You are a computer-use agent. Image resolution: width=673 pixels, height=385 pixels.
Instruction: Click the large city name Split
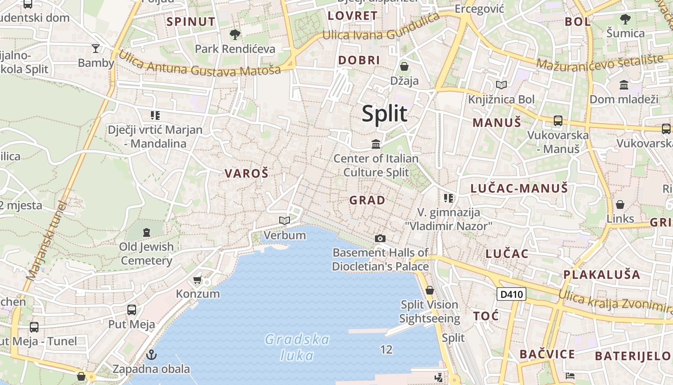385,114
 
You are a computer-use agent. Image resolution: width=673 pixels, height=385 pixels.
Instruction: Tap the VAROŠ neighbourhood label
246,174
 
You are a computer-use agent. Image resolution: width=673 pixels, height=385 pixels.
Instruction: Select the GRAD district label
367,200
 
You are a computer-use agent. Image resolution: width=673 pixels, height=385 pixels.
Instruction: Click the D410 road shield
511,294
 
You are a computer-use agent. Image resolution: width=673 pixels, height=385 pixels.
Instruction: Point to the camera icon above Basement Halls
380,238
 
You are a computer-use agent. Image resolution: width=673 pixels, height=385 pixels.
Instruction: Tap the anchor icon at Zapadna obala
151,355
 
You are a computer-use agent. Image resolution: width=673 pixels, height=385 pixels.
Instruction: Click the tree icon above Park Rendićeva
235,34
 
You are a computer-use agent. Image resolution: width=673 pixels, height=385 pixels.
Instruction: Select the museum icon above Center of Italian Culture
376,144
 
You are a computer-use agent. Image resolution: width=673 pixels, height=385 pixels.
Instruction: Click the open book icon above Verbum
285,220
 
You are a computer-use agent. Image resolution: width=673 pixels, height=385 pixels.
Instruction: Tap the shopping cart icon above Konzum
197,280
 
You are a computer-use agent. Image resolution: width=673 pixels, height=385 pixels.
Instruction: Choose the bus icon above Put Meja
131,310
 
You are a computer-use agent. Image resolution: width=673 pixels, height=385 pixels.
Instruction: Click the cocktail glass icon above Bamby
96,48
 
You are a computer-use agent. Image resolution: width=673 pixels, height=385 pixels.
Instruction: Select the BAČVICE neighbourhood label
547,355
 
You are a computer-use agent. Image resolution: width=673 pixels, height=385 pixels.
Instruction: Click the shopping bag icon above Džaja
404,66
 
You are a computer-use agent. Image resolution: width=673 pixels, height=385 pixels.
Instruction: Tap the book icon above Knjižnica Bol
501,85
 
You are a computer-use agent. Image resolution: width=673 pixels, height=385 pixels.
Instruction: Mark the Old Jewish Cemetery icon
146,232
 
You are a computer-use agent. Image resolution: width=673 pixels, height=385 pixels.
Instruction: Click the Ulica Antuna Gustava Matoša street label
199,64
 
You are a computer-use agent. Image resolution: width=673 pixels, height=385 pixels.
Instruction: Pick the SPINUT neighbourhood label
191,22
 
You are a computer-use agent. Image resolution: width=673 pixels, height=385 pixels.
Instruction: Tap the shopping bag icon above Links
620,205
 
